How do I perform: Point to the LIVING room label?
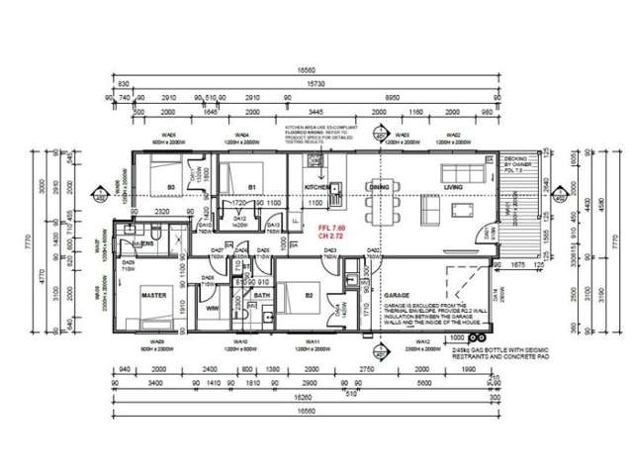tap(454, 186)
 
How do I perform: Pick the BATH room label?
tap(262, 295)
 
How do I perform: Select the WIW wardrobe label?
tap(212, 309)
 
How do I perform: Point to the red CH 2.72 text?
tap(330, 237)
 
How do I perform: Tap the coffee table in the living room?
tap(463, 209)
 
